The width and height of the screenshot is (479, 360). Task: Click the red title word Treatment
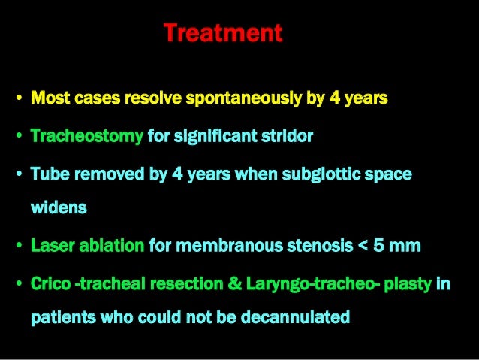click(222, 34)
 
